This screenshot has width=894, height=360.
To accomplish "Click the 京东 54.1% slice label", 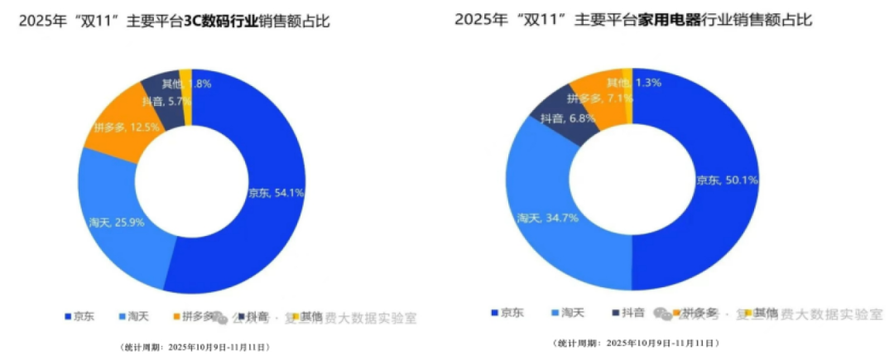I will click(x=276, y=193).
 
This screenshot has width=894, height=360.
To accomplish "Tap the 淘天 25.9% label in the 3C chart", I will click(x=116, y=222).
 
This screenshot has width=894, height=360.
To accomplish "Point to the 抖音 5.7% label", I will click(x=166, y=101).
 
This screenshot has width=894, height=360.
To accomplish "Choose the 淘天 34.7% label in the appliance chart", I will click(x=547, y=218).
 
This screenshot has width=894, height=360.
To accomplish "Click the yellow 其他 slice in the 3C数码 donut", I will click(x=186, y=98).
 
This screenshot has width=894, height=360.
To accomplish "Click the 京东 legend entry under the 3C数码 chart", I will click(x=80, y=316).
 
